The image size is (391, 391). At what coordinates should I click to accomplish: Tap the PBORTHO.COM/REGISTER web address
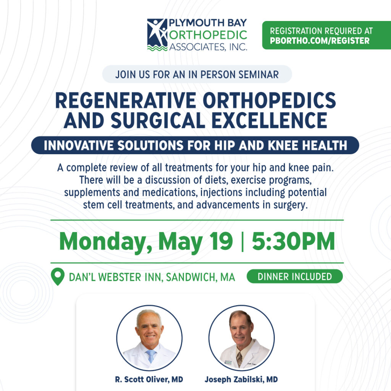pos(320,40)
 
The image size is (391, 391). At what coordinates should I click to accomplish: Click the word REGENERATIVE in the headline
pos(125,100)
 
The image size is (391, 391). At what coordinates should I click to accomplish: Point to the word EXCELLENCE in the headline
pos(269,120)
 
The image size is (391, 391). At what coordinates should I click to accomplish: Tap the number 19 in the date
pos(221,241)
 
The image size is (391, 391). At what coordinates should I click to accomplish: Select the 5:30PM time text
pos(293,241)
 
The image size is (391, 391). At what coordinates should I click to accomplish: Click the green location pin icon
pos(58,276)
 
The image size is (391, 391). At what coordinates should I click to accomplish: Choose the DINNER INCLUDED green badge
pos(295,276)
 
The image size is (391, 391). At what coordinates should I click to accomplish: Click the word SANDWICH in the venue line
pos(190,277)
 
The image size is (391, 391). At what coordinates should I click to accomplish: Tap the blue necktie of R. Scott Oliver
pos(151,356)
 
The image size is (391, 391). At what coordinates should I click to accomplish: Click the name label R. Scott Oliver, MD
pos(149,380)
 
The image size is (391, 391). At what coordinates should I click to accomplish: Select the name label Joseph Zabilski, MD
pos(241,380)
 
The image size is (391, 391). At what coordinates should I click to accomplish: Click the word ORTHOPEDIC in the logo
pos(208,35)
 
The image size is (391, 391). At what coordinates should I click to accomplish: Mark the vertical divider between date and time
pos(242,241)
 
